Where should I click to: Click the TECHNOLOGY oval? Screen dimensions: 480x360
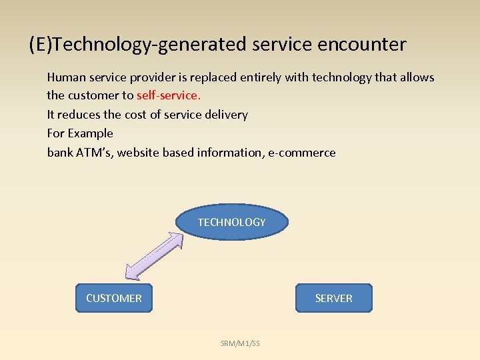pyautogui.click(x=231, y=222)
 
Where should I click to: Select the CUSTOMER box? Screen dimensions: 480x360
pyautogui.click(x=114, y=298)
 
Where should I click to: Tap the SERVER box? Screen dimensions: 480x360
pyautogui.click(x=333, y=298)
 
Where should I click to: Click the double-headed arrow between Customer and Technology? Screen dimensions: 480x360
pyautogui.click(x=155, y=255)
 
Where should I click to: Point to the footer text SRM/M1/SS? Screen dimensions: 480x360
pyautogui.click(x=240, y=343)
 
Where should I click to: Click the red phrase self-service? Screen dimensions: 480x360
pyautogui.click(x=168, y=95)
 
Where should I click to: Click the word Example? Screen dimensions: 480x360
pyautogui.click(x=91, y=133)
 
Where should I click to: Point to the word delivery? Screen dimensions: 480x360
pyautogui.click(x=225, y=115)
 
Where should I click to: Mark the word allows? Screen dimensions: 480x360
pyautogui.click(x=417, y=77)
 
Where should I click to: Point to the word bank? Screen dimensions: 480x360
pyautogui.click(x=59, y=153)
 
